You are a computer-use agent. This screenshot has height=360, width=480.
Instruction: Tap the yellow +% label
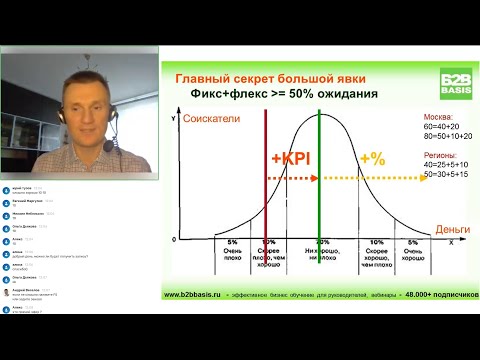372,159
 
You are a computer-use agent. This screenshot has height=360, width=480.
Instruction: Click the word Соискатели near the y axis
213,119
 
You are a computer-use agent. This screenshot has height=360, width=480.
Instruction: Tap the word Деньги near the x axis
452,229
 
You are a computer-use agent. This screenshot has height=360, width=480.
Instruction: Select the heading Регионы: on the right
442,156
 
